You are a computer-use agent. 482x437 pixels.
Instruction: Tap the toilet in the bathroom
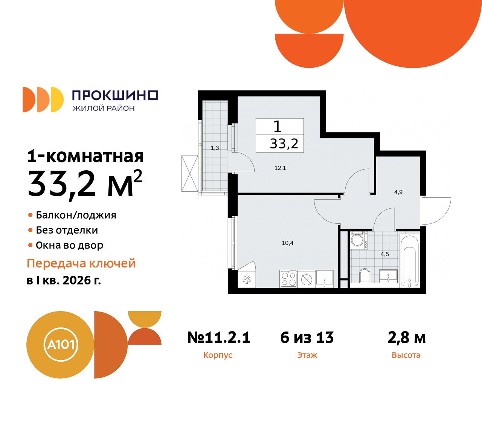pos(365,275)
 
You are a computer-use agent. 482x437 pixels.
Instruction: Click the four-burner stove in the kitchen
pos(289,279)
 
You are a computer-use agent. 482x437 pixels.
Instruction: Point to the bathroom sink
pos(388,276)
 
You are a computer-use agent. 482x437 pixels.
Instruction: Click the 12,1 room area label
pos(280,168)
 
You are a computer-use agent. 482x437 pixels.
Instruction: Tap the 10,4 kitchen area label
pos(287,243)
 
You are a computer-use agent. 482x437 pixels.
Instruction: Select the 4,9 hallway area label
pos(398,192)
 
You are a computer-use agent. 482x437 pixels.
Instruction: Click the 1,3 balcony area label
pos(215,148)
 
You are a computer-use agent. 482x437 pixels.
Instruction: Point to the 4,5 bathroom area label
pos(384,254)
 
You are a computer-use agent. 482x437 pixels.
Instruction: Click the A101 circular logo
pos(61,345)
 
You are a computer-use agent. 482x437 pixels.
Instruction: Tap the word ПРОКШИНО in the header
pos(115,95)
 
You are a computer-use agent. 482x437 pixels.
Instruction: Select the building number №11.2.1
pos(219,338)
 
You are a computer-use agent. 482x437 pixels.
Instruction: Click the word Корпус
pos(218,355)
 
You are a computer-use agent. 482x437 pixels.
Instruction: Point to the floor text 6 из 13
pos(307,338)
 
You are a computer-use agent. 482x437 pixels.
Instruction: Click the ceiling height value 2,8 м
pos(407,338)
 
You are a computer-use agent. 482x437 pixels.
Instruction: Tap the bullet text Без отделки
pos(67,230)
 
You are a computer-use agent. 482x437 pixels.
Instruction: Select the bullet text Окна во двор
pos(69,245)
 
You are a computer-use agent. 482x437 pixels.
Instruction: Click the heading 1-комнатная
pos(85,156)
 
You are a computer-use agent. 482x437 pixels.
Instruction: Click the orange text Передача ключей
pos(81,263)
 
